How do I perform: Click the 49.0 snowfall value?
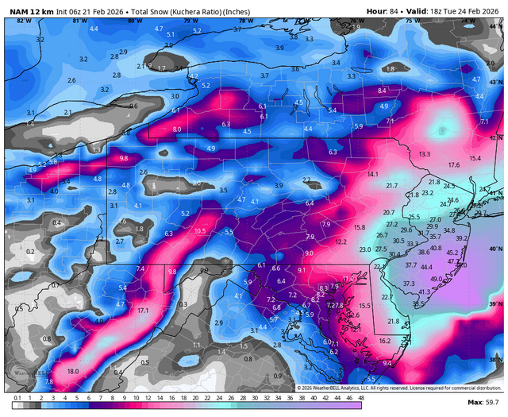(x=437, y=279)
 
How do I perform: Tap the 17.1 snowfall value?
(x=143, y=310)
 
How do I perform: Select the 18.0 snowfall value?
(x=72, y=371)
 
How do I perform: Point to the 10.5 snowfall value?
(x=199, y=231)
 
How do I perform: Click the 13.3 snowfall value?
(x=425, y=153)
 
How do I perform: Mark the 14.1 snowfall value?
(x=372, y=174)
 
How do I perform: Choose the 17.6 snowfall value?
(x=453, y=164)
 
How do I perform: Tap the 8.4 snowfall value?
(x=382, y=91)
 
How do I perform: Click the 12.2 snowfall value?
(x=341, y=241)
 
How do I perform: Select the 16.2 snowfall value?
(x=384, y=341)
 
